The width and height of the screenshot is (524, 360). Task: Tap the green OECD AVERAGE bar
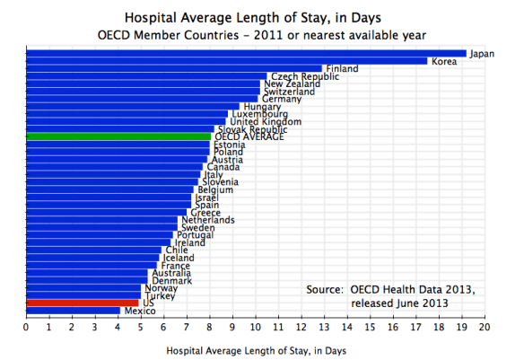click(117, 136)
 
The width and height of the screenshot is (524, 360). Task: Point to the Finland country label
click(343, 69)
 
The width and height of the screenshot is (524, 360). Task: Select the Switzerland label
click(289, 92)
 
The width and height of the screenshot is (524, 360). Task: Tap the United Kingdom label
click(259, 121)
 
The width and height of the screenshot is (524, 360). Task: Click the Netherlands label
click(209, 220)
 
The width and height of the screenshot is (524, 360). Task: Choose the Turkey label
click(161, 295)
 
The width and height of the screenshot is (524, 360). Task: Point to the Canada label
click(223, 167)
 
